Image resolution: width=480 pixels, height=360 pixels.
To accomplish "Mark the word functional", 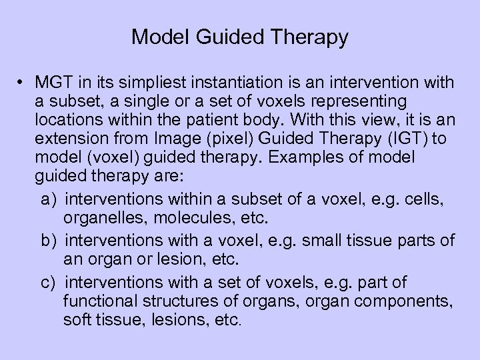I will (99, 302).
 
